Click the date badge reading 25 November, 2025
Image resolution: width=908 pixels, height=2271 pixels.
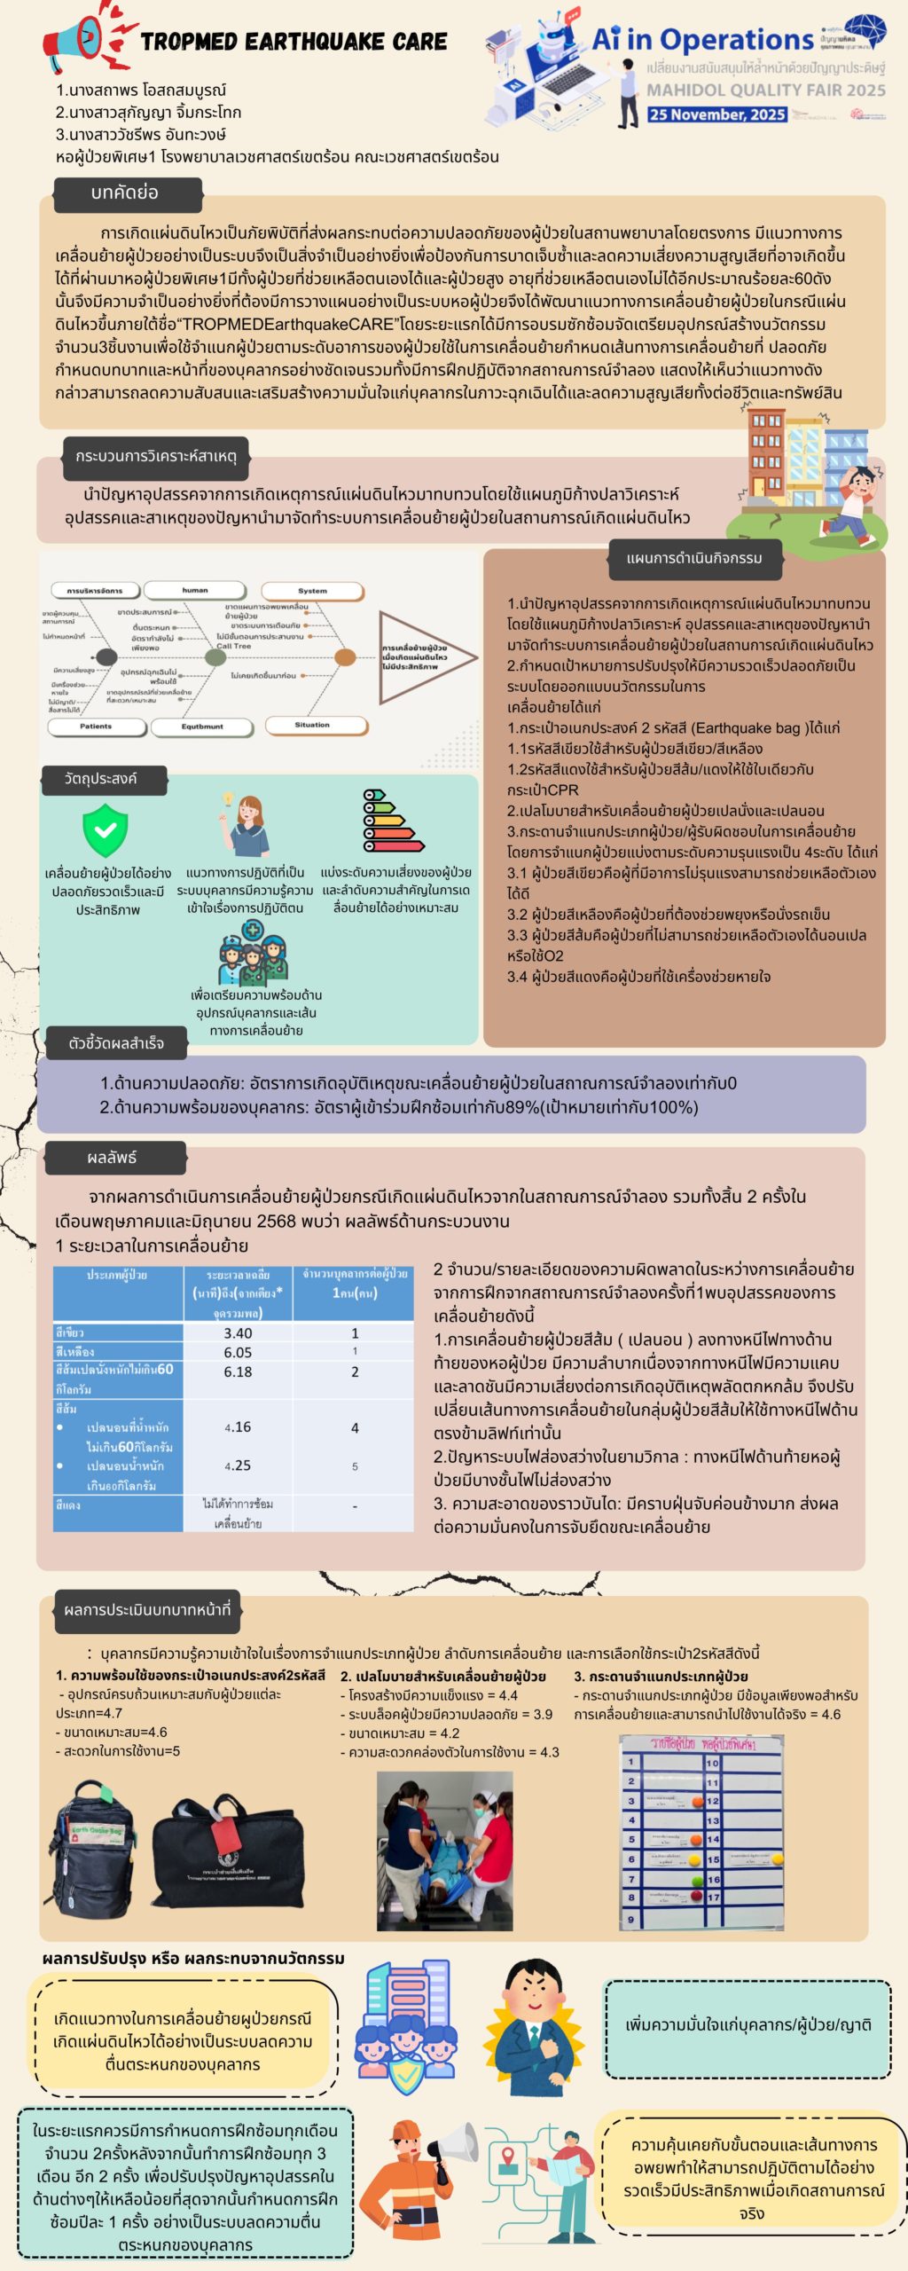coord(716,114)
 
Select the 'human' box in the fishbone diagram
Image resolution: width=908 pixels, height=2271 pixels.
coord(195,590)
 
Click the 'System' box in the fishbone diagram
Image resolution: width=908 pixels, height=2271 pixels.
coord(312,591)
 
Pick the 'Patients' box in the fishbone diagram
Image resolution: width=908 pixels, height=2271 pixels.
coord(96,727)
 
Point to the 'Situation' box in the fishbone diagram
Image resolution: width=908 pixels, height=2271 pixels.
coord(312,726)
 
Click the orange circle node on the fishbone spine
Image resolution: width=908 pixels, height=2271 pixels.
coord(344,657)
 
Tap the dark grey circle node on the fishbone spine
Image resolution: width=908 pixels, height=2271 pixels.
coord(106,657)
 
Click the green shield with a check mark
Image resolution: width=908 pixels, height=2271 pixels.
coord(105,829)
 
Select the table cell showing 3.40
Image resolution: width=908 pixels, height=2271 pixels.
coord(238,1333)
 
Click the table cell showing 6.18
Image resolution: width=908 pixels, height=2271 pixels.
coord(238,1371)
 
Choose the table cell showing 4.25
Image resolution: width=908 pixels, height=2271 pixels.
coord(238,1466)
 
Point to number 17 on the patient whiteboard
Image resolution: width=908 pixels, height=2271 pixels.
coord(713,1898)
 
